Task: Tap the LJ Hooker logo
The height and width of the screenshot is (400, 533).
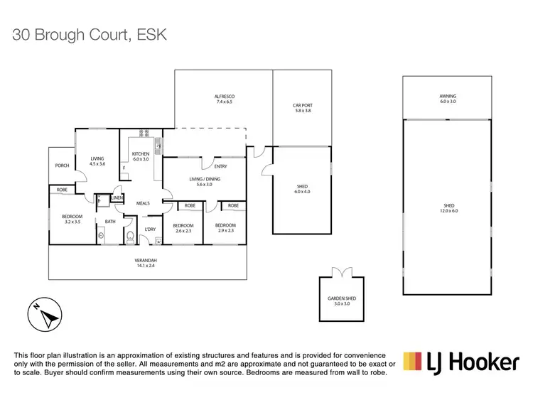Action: [x=461, y=364]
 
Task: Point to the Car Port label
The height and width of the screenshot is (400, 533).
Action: [x=302, y=106]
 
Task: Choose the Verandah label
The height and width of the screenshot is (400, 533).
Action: [x=146, y=261]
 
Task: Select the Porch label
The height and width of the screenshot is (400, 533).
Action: [x=62, y=166]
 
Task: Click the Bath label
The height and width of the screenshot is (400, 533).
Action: [x=110, y=222]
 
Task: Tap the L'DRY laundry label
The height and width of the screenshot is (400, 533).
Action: [x=150, y=229]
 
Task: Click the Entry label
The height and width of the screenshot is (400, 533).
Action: [x=220, y=166]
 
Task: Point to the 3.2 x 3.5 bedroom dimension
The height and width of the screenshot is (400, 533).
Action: [x=72, y=222]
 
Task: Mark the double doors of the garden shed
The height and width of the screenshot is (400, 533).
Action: [x=338, y=272]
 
